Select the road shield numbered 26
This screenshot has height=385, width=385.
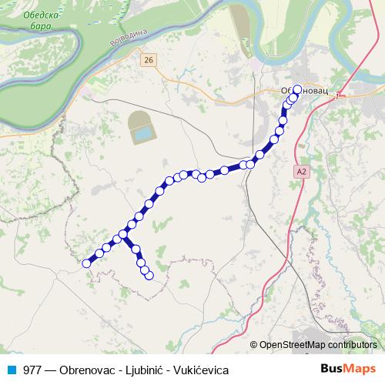click(x=149, y=59)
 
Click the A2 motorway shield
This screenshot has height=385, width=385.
click(x=300, y=174)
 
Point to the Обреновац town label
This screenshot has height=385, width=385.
click(x=304, y=90)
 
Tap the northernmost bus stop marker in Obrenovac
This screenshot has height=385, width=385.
click(x=297, y=89)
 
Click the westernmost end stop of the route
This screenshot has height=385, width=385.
click(x=86, y=263)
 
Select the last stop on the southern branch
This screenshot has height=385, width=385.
click(x=149, y=275)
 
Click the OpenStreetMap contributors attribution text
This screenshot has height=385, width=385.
click(x=318, y=346)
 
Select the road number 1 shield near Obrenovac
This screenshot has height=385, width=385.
click(x=337, y=95)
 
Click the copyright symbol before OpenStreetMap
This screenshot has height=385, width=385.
click(x=254, y=346)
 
